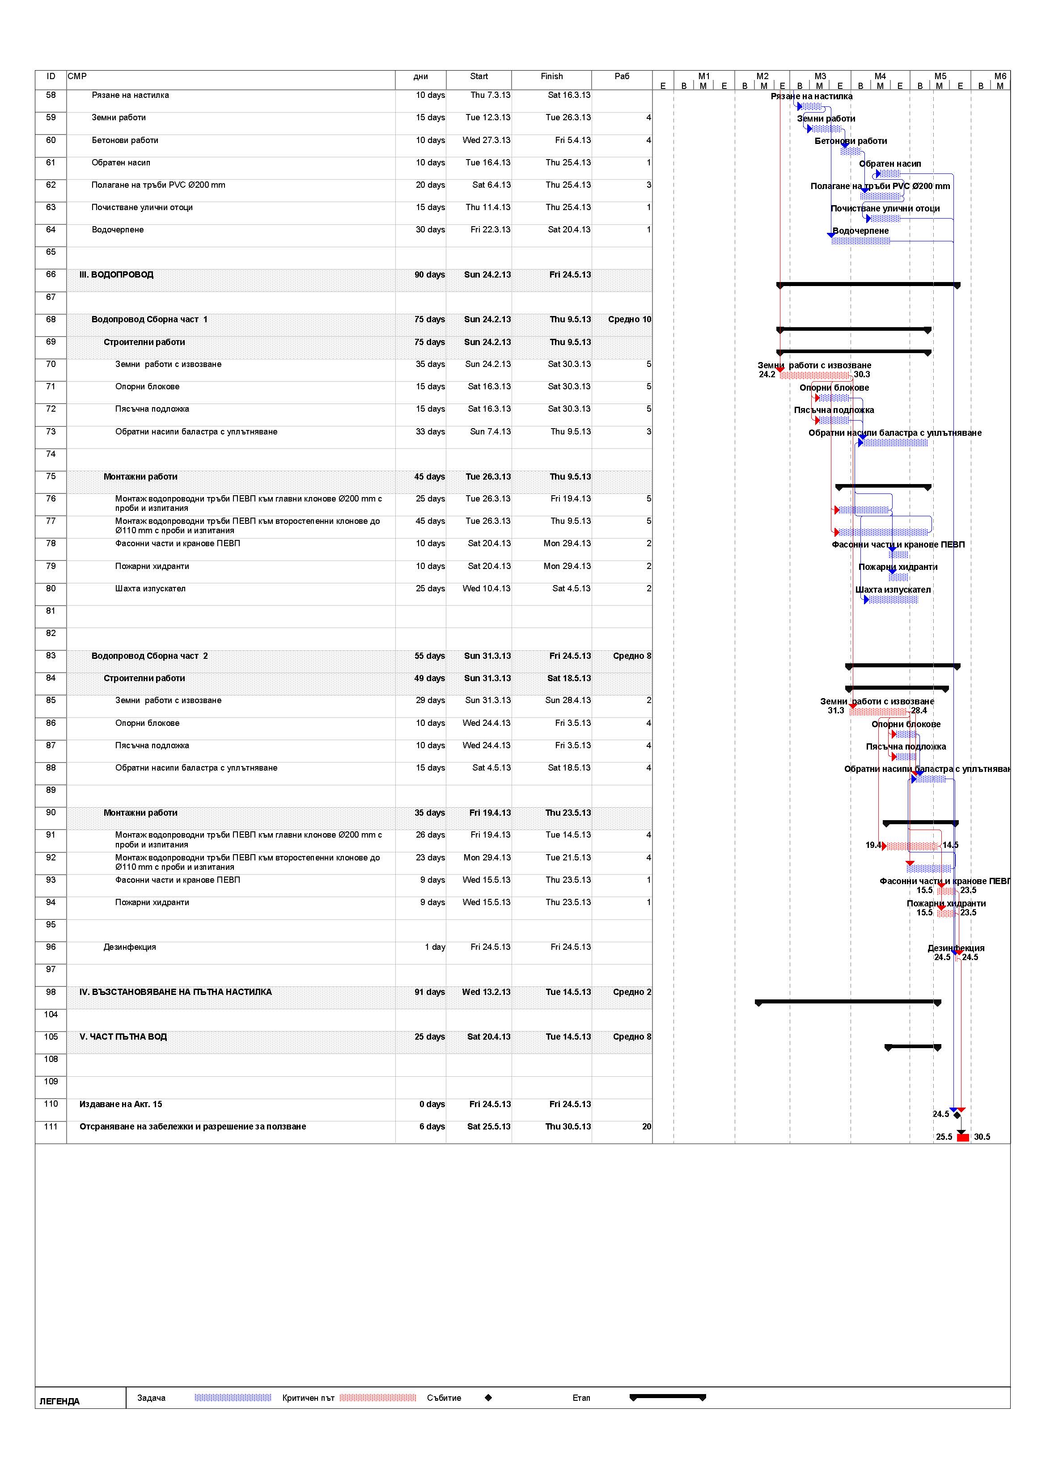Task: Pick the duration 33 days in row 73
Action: pyautogui.click(x=430, y=432)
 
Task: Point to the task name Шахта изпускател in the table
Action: pyautogui.click(x=150, y=589)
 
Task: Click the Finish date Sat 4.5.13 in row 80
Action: pyautogui.click(x=571, y=589)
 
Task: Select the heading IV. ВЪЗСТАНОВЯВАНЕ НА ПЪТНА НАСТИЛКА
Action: pyautogui.click(x=175, y=992)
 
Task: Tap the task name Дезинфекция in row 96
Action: pyautogui.click(x=130, y=948)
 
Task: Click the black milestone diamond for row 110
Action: pyautogui.click(x=957, y=1115)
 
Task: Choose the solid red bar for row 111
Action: pyautogui.click(x=963, y=1138)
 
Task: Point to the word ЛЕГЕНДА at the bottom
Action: pyautogui.click(x=59, y=1402)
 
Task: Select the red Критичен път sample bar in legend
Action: pyautogui.click(x=378, y=1398)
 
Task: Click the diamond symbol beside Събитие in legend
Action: pyautogui.click(x=488, y=1398)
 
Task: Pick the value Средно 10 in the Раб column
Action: pyautogui.click(x=629, y=320)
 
